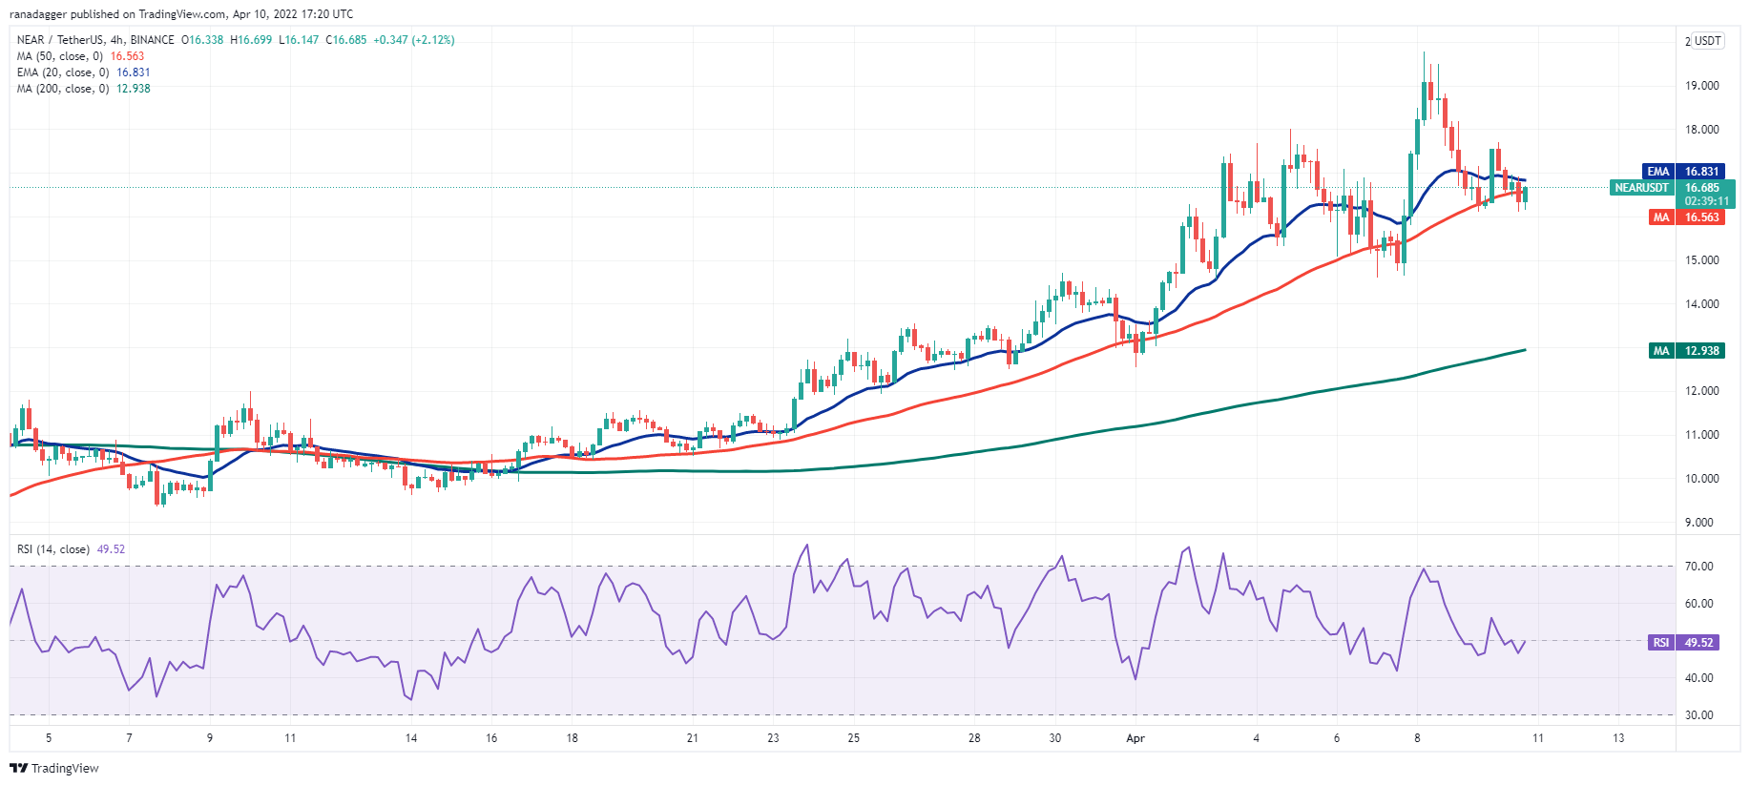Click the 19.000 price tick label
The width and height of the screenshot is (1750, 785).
click(1701, 86)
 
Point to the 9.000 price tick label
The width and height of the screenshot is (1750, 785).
click(1698, 523)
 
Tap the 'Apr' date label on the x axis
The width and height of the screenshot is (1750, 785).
click(1135, 738)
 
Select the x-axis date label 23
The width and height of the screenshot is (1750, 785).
click(773, 738)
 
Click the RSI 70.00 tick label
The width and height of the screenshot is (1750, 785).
click(1698, 567)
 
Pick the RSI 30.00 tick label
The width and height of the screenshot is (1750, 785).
click(1698, 715)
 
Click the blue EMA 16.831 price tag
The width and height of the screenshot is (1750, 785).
click(1683, 172)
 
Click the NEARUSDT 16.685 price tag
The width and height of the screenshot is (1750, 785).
click(1672, 188)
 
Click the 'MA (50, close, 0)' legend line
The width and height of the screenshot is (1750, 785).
click(80, 56)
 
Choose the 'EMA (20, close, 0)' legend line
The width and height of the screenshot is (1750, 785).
click(83, 72)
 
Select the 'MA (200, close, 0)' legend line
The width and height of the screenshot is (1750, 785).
click(83, 89)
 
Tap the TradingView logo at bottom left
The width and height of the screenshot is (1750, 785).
click(54, 768)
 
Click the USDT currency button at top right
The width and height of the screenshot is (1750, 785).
click(1707, 41)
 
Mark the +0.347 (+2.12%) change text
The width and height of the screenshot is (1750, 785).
click(413, 40)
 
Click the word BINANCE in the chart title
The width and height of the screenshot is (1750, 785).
click(153, 40)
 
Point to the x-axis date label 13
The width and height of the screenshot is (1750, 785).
click(1618, 738)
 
